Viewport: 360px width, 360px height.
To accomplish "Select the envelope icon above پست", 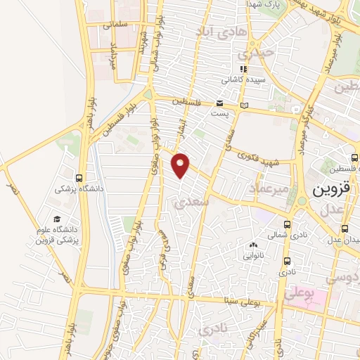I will point(220,103).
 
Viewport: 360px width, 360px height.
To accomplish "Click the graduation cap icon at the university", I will point(56,219).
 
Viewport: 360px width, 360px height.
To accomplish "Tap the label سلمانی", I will point(117,25).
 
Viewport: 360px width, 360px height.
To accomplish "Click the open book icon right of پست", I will point(244,106).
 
